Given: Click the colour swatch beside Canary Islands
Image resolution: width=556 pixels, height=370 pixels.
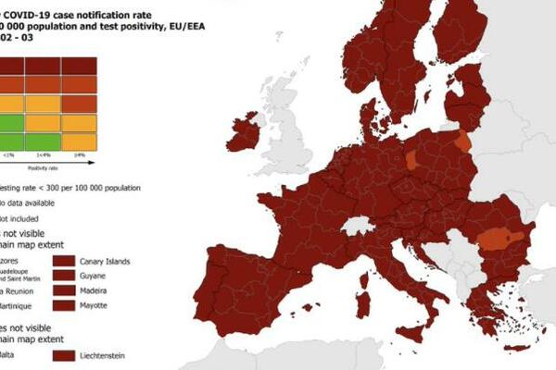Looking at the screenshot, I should pos(64,260).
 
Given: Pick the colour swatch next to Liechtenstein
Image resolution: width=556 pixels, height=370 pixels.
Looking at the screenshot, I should pos(64,354).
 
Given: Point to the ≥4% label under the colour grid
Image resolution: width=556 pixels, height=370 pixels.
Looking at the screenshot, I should pos(80,156).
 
